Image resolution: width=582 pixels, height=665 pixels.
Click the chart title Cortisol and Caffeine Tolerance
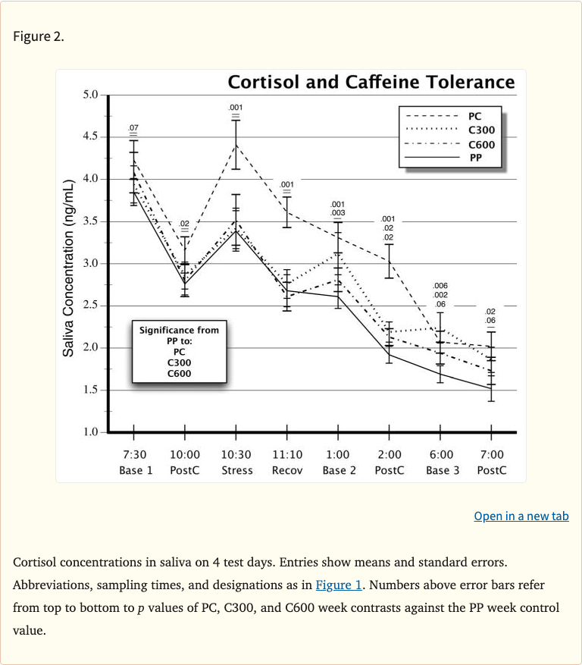click(371, 82)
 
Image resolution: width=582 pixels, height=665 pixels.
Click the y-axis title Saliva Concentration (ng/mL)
click(68, 268)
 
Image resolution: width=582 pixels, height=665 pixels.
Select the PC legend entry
click(474, 117)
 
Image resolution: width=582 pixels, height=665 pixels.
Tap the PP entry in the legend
click(475, 158)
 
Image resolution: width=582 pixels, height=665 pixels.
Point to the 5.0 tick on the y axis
click(90, 95)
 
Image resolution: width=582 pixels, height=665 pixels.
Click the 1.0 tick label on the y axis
click(90, 432)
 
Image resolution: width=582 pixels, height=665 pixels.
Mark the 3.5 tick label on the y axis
click(90, 221)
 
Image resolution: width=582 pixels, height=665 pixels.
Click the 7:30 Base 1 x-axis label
click(135, 462)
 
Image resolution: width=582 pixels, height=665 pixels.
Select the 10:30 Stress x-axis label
click(236, 462)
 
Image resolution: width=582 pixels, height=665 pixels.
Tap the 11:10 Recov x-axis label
click(286, 462)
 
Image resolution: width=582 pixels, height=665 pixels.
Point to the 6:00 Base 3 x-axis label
click(441, 462)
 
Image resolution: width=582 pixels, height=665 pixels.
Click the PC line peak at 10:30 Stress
click(236, 145)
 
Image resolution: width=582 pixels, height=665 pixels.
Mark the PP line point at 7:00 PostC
click(491, 388)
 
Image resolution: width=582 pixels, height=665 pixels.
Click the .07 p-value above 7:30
click(133, 127)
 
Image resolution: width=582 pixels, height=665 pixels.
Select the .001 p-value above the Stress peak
click(236, 108)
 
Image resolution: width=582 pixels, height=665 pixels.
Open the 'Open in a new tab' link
click(521, 516)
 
